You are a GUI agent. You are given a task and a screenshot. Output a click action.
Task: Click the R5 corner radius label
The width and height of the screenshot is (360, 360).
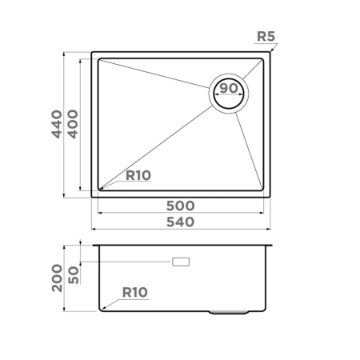(267, 36)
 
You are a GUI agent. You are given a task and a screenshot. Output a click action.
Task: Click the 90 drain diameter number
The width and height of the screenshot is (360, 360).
(230, 88)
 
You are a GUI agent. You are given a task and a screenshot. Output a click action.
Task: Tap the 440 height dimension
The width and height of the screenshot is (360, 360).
(57, 125)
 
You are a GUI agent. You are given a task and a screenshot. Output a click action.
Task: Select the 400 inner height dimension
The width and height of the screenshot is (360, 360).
(73, 125)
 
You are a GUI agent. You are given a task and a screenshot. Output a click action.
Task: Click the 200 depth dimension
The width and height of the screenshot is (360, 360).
(57, 277)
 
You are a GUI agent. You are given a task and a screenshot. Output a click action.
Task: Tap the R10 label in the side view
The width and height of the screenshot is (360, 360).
(134, 293)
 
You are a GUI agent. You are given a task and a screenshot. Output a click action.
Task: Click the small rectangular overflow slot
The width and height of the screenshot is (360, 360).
(182, 262)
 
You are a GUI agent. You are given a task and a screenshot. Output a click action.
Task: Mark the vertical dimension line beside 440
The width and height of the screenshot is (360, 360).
(65, 125)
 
